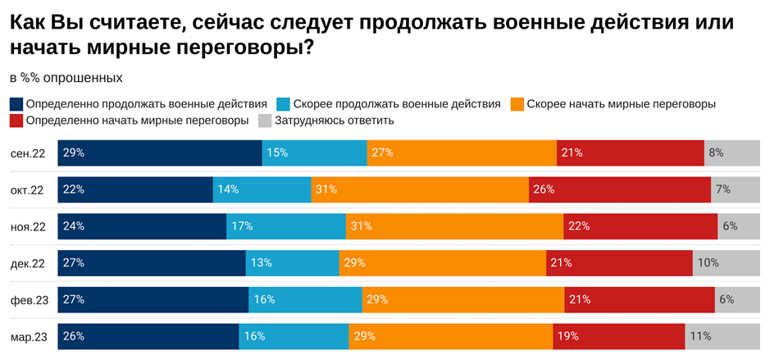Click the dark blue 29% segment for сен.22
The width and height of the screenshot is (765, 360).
click(160, 153)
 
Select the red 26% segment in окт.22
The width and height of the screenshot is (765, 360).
click(619, 189)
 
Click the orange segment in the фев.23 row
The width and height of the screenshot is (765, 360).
click(462, 300)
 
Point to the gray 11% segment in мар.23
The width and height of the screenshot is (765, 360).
click(722, 336)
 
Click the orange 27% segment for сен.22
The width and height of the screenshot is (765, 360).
click(462, 153)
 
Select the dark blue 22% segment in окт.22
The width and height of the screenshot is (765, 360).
click(135, 189)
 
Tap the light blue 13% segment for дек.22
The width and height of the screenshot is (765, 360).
click(292, 263)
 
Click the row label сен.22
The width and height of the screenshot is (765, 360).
click(28, 153)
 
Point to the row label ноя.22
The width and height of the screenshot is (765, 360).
click(28, 226)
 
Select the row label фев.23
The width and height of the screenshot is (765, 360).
click(30, 300)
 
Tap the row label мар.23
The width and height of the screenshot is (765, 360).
click(30, 336)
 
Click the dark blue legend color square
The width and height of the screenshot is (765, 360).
click(16, 104)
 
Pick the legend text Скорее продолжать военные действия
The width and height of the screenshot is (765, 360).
click(396, 104)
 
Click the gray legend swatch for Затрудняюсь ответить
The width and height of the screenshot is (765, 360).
click(265, 121)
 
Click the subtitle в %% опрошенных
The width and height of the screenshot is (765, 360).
click(66, 78)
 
